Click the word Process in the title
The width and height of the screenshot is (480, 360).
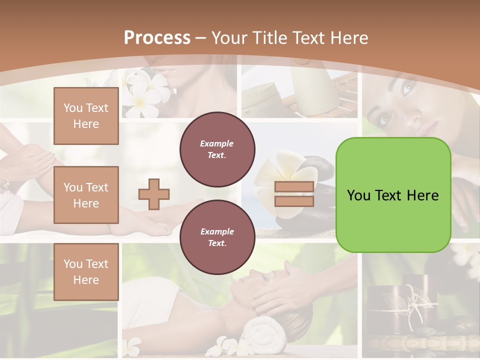point(157,37)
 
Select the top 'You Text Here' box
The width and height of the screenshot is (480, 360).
point(86,116)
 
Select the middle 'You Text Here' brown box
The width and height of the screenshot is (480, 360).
point(86,195)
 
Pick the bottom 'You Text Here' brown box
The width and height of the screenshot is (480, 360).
point(86,271)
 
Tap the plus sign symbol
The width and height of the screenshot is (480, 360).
point(154,194)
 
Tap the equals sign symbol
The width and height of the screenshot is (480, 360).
point(294,194)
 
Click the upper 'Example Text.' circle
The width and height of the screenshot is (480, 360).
point(217,149)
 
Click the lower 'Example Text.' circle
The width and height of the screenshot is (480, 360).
point(217,237)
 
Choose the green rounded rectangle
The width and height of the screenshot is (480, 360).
point(393,195)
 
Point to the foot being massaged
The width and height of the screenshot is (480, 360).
point(145,222)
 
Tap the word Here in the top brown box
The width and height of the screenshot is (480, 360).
point(86,124)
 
